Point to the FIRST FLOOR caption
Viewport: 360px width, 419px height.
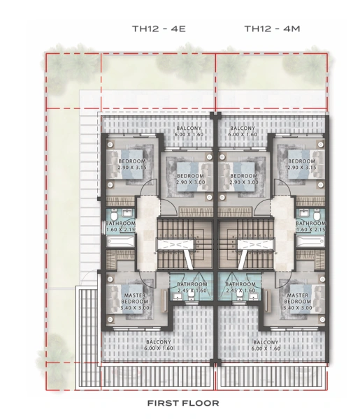coord(182,403)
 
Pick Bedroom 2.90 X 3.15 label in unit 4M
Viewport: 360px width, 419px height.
coord(302,165)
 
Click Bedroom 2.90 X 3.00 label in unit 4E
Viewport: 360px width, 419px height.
coord(189,179)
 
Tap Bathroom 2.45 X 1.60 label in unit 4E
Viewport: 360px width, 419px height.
coord(192,288)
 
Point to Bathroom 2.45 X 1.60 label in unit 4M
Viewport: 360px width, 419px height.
coord(241,288)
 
